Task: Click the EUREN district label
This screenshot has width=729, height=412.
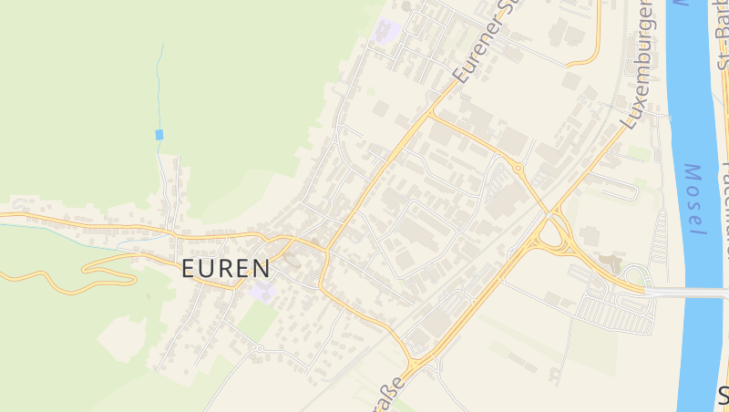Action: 225,269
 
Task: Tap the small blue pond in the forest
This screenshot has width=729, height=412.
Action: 159,135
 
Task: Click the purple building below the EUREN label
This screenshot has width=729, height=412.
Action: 263,292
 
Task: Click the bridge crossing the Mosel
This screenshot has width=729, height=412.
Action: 688,293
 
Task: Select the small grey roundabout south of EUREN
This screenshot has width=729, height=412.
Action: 259,348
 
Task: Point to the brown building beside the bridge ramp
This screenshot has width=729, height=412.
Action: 611,265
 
